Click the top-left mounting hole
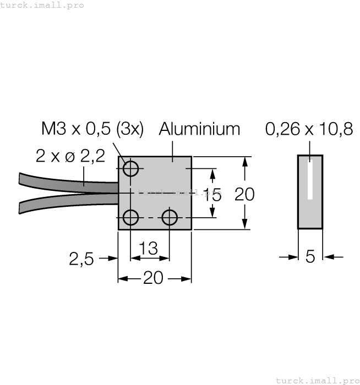130,168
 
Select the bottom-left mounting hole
130,218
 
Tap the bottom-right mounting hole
170,218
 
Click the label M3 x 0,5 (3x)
92,129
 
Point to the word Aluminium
199,129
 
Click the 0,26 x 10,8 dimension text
308,129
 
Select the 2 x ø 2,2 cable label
70,156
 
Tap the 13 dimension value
148,249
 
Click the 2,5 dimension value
81,258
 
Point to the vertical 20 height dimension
244,194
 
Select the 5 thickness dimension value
310,256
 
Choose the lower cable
66,202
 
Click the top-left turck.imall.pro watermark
43,5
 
